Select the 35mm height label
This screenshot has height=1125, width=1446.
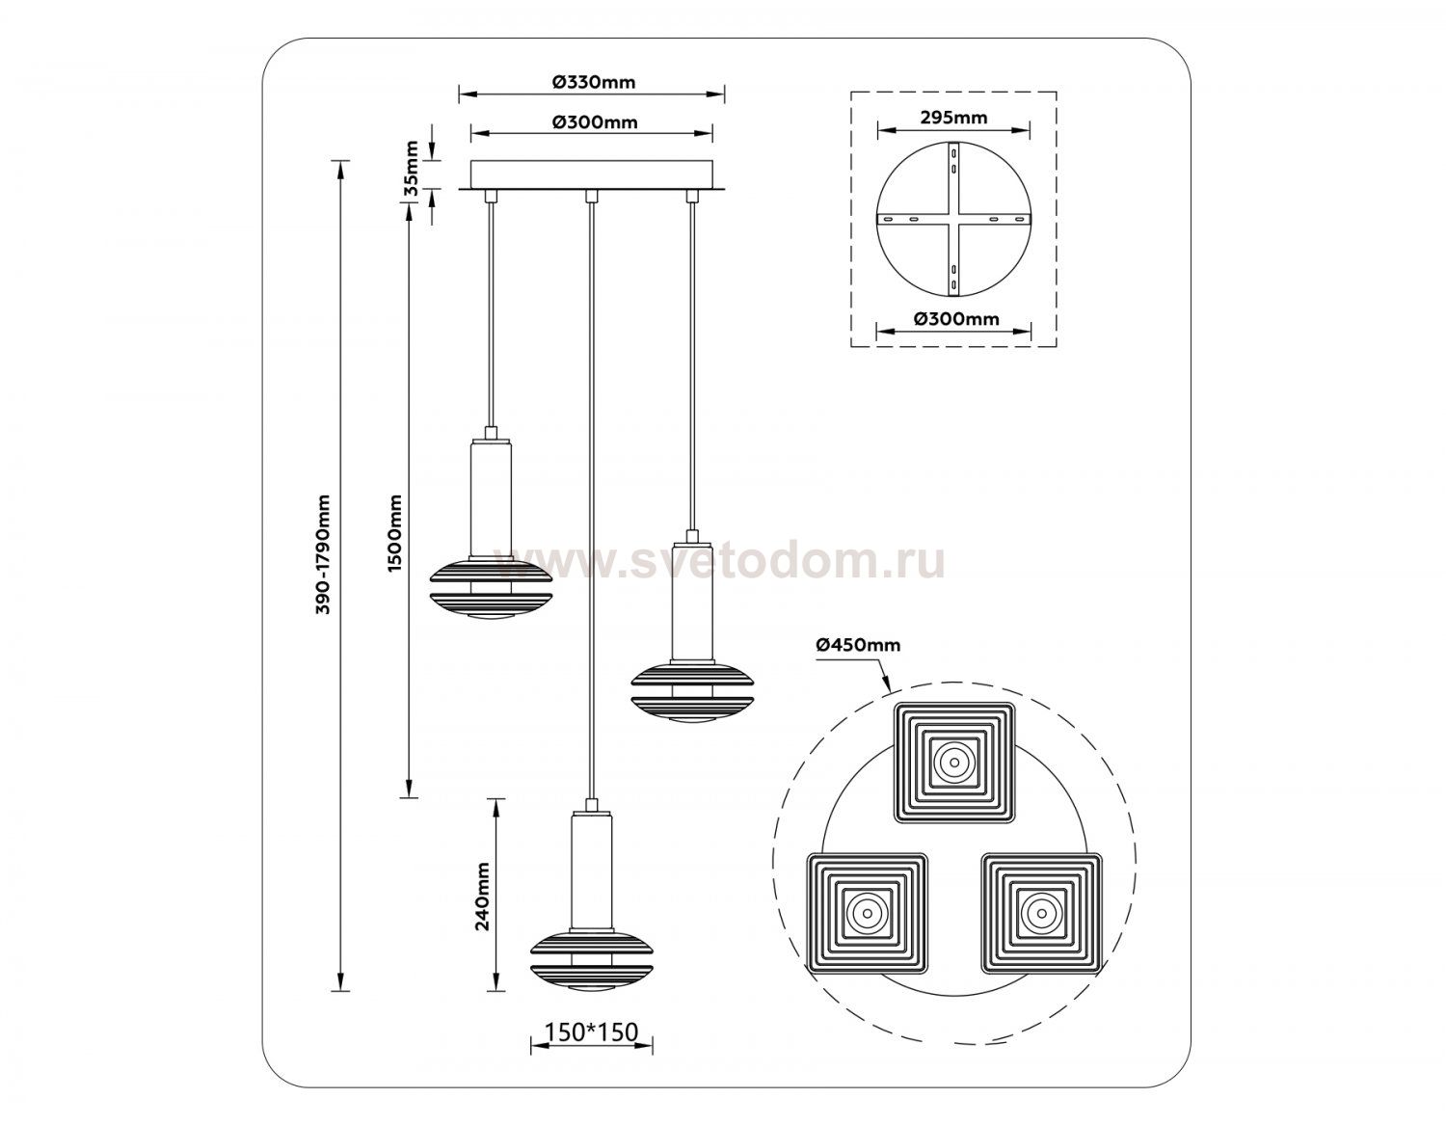tap(413, 167)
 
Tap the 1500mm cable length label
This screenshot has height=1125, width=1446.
tap(395, 533)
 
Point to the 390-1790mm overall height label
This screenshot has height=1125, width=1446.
tap(323, 563)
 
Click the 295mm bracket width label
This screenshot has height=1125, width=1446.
tap(953, 118)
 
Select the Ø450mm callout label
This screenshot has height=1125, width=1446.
tap(858, 645)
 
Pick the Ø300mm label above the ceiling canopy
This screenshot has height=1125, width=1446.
tap(595, 122)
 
